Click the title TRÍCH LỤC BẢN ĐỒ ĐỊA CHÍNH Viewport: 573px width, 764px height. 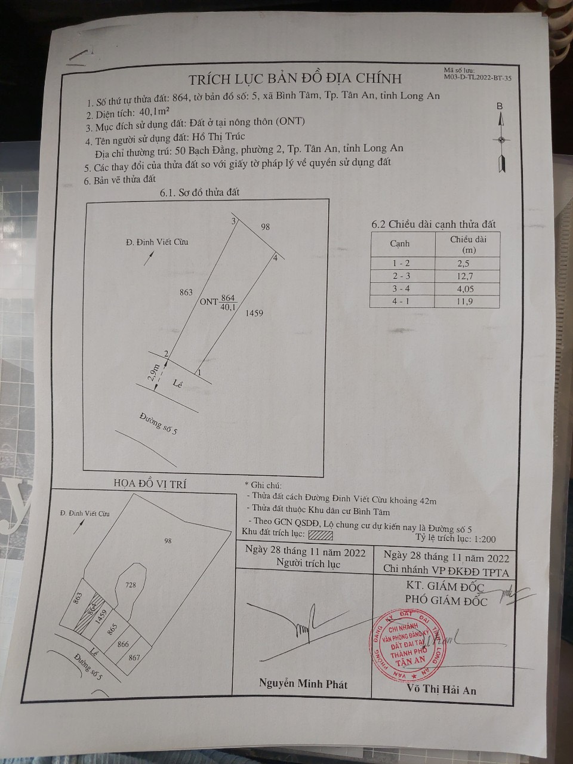(295, 78)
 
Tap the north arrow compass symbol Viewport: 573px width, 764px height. (500, 141)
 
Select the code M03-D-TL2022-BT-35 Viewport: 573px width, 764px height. (478, 77)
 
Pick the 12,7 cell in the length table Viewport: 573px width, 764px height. (468, 275)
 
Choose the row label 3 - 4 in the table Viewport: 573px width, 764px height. (400, 288)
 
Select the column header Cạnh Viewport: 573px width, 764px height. (400, 244)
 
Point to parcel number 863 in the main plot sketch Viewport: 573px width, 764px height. (186, 292)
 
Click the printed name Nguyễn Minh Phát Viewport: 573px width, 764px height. (303, 684)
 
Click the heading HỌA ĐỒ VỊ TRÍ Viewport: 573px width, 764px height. (141, 484)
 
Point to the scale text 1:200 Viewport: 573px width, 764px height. (485, 538)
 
